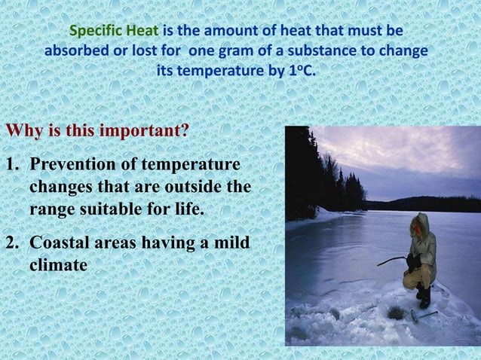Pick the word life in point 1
189,209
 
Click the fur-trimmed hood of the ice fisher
421,224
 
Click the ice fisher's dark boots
424,294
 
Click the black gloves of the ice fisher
412,261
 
